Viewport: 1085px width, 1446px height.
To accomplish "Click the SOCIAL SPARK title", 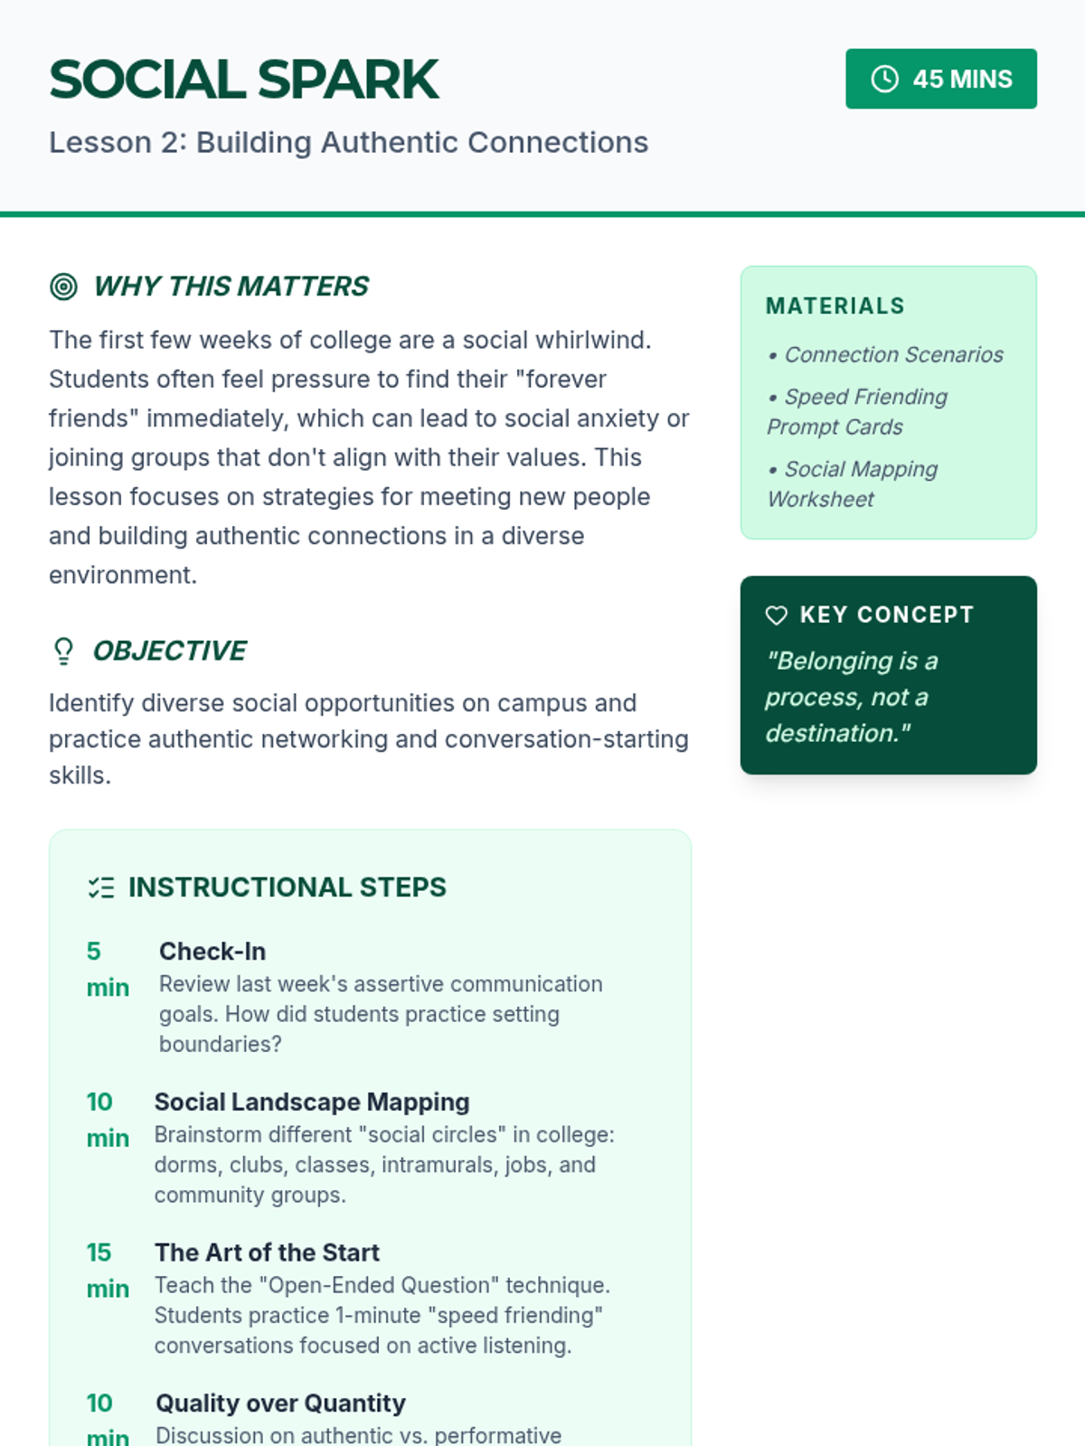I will [244, 80].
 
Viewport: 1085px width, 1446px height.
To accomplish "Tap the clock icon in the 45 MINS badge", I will [884, 80].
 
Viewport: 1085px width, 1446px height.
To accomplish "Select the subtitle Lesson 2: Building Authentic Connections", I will [348, 143].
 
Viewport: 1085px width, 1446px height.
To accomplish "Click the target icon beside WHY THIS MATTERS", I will [63, 286].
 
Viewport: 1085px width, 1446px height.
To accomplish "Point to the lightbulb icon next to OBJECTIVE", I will [63, 651].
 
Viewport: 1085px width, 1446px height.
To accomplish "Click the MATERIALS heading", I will [835, 306].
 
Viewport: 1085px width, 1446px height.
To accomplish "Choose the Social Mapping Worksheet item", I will [852, 484].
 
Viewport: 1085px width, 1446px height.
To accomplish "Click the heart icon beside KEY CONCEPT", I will [777, 615].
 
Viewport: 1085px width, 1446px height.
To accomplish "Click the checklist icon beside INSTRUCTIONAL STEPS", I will [100, 887].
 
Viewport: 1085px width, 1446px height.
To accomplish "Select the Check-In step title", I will [212, 952].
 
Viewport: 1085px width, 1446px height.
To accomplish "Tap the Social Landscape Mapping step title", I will [312, 1103].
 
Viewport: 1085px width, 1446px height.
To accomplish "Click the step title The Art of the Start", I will [267, 1253].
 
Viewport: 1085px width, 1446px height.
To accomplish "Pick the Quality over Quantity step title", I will [280, 1404].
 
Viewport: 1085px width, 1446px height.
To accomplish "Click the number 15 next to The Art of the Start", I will [99, 1253].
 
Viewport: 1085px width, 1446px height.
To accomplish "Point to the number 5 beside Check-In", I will [93, 952].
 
